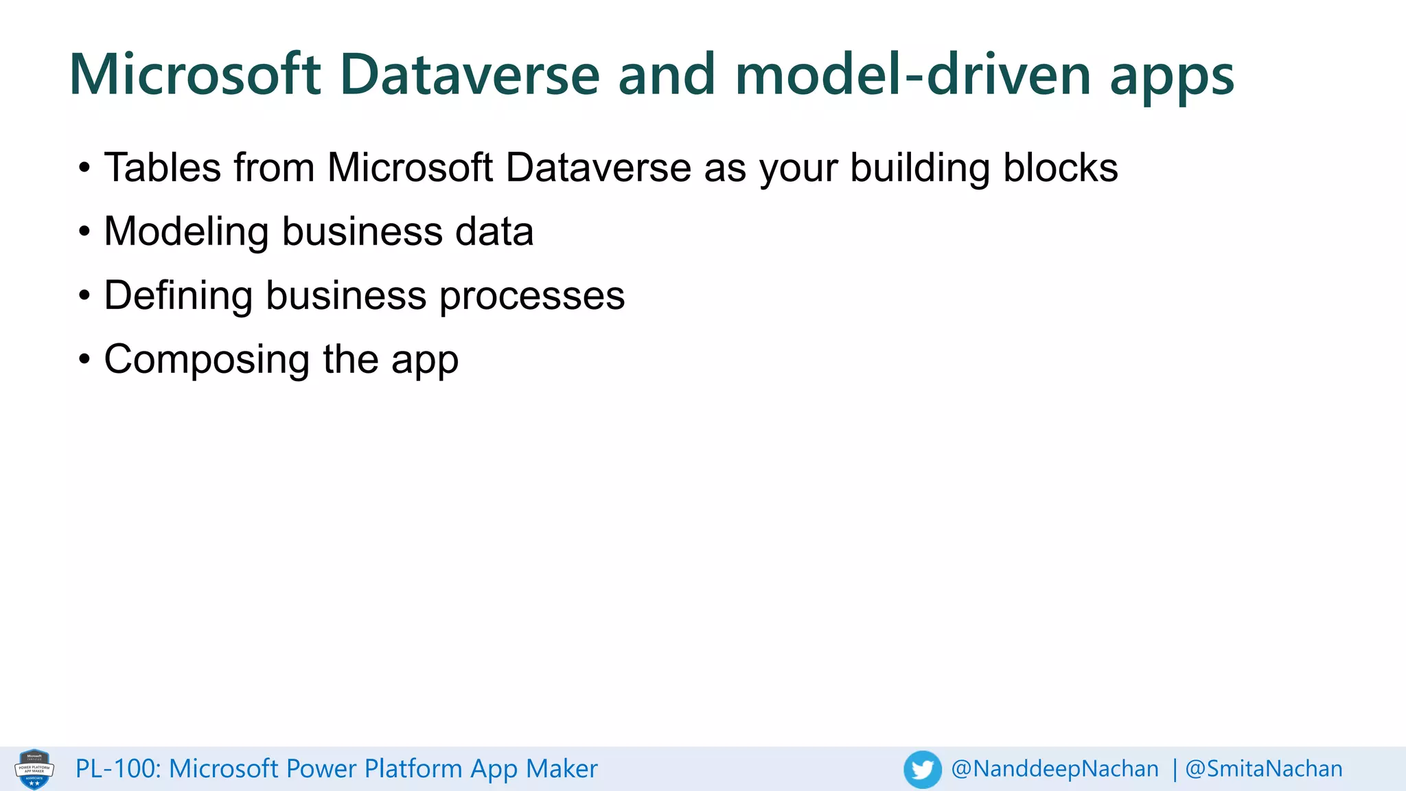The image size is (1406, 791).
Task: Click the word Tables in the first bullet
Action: click(162, 168)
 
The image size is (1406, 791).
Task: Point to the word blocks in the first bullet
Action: click(1060, 168)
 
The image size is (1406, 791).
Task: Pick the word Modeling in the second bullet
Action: click(186, 232)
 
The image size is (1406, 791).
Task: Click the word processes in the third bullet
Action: click(532, 297)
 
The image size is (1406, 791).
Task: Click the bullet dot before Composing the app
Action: click(84, 359)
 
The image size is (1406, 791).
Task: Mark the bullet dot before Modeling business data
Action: click(84, 231)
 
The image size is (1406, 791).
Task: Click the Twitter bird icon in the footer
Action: click(922, 769)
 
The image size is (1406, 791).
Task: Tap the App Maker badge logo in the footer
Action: click(34, 769)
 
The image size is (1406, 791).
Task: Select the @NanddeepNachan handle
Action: click(1054, 769)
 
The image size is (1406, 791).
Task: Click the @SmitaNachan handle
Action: click(1264, 769)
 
